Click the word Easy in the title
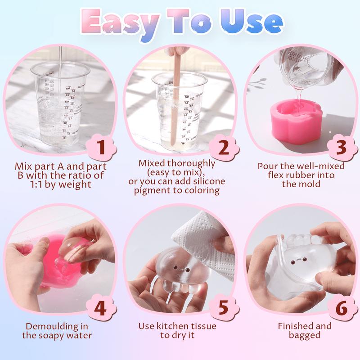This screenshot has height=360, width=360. click(121, 22)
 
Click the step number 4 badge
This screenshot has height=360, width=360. click(102, 309)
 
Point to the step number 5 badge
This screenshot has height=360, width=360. click(224, 309)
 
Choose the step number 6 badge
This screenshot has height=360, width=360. click(342, 309)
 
